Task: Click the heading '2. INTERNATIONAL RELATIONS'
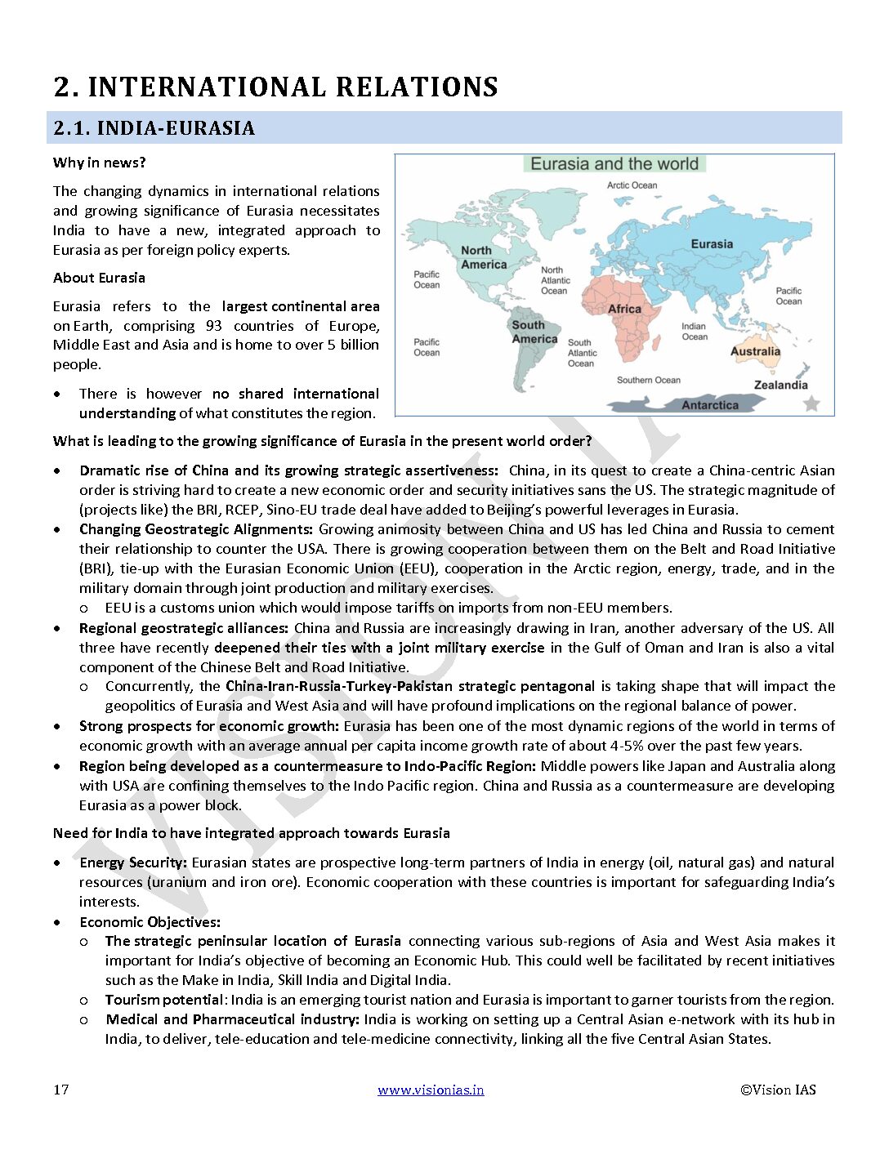coord(275,87)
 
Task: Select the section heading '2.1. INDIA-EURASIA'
coord(154,128)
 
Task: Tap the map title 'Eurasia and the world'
coord(614,164)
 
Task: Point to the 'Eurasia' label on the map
coord(712,244)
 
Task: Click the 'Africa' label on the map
coord(624,309)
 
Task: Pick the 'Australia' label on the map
coord(755,351)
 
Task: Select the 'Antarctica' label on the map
coord(710,405)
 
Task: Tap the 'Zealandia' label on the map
coord(780,385)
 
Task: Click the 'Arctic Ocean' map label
coord(632,185)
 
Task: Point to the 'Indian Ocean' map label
coord(695,331)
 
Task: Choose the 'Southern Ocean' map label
coord(648,380)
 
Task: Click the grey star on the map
coord(811,403)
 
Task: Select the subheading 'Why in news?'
coord(99,163)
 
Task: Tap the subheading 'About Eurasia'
coord(99,278)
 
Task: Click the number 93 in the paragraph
coord(214,326)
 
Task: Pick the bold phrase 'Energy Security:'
coord(133,862)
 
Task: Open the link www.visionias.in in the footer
coord(431,1090)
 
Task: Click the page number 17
coord(61,1090)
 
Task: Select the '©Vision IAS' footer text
coord(778,1090)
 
